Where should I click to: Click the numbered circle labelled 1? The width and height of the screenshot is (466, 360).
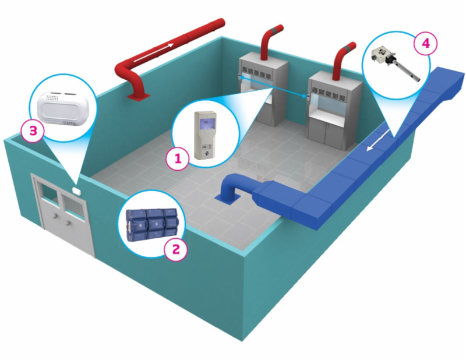(177, 157)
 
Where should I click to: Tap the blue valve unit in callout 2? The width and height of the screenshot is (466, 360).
(150, 224)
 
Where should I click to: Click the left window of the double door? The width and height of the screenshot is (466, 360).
(48, 195)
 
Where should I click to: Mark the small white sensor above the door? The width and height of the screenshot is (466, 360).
(76, 189)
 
